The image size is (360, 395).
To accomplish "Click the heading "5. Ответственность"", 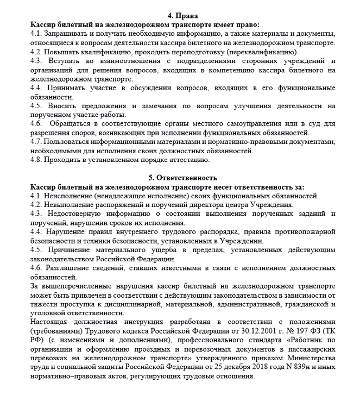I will tap(180, 178).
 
